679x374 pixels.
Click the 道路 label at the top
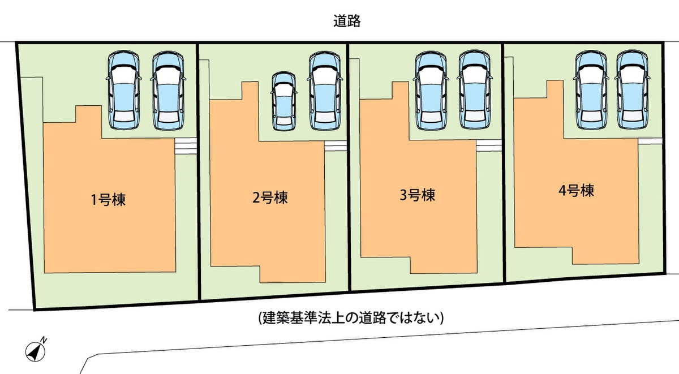click(x=347, y=22)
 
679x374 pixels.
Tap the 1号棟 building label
click(x=108, y=199)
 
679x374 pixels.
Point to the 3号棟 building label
click(x=417, y=196)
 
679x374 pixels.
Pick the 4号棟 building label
click(x=576, y=191)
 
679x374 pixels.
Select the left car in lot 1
click(x=123, y=91)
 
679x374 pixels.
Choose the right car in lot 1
click(x=168, y=91)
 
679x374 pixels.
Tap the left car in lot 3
click(x=431, y=91)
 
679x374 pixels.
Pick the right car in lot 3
click(x=474, y=91)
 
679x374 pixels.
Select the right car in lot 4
click(x=631, y=91)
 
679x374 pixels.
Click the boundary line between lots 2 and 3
click(x=349, y=170)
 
